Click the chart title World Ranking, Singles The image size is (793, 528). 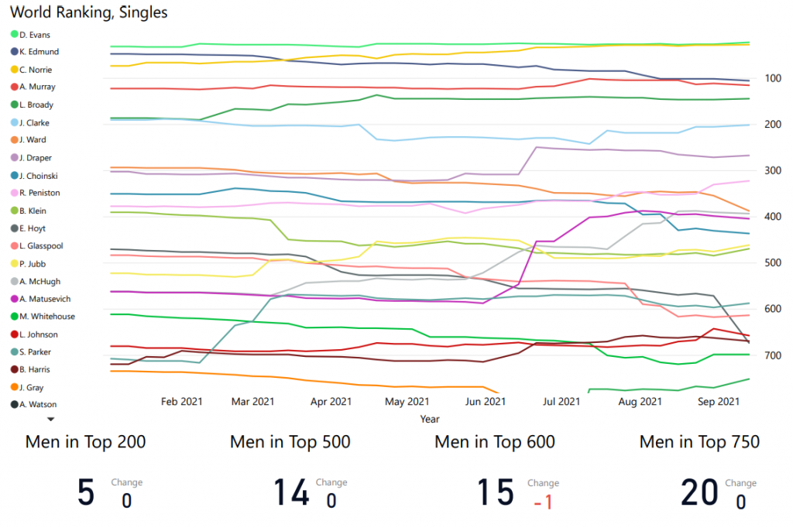point(89,12)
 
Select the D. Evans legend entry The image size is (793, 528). point(34,34)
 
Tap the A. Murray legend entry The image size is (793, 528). point(37,87)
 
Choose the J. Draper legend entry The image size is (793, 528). point(36,158)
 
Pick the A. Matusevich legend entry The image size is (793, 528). point(43,299)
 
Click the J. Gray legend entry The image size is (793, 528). point(32,387)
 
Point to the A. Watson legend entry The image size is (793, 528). point(38,404)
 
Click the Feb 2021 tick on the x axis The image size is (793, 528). point(182,401)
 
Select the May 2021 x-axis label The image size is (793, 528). point(407,401)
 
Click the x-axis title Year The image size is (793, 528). point(430,419)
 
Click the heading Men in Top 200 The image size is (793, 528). point(85,442)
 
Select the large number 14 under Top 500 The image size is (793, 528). point(291,493)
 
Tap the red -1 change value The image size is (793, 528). point(543,502)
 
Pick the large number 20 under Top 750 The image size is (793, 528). point(700,493)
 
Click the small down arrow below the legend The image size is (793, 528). point(51,419)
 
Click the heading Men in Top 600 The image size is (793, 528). point(495,442)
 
